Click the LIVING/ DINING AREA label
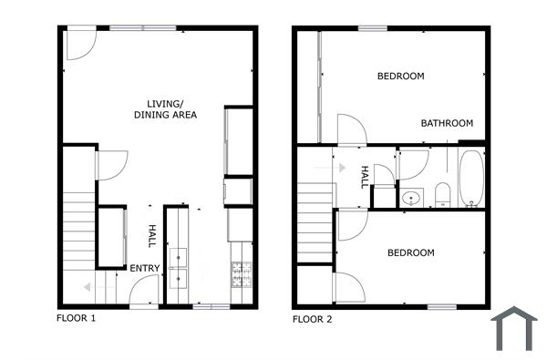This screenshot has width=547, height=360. [166, 108]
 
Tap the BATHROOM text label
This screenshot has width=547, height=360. [447, 123]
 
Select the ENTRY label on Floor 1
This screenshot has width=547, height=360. [145, 268]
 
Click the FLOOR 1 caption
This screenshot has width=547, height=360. [76, 319]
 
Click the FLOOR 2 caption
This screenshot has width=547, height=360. [312, 319]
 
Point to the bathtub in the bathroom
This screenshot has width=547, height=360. [472, 177]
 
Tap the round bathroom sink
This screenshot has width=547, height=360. [411, 197]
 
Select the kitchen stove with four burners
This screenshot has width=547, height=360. [242, 273]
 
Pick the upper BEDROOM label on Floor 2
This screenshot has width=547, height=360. [400, 76]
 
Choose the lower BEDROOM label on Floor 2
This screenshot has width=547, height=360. [410, 252]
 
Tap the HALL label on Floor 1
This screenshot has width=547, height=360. [152, 237]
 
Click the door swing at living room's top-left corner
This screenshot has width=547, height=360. [79, 46]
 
